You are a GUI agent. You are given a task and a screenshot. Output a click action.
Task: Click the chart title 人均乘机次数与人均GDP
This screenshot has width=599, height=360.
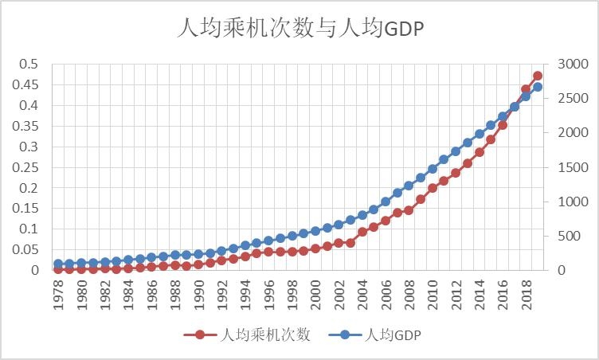[x=299, y=29]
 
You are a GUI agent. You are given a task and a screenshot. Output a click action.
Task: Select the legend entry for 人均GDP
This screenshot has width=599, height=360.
[x=391, y=335]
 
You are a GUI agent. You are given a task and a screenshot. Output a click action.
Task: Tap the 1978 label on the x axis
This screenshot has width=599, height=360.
[x=58, y=294]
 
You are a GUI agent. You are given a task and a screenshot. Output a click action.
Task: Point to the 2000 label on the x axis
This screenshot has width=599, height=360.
[x=315, y=294]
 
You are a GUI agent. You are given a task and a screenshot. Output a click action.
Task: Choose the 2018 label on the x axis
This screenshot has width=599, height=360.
[x=526, y=294]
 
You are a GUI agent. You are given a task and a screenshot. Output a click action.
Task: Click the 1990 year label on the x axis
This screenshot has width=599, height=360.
[x=198, y=294]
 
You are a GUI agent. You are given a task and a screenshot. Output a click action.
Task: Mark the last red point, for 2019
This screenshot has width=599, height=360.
[x=538, y=76]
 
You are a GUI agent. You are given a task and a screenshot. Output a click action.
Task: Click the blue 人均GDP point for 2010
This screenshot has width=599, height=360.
[x=433, y=169]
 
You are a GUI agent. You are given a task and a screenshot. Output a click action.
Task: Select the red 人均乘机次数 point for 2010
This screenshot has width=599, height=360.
[x=433, y=188]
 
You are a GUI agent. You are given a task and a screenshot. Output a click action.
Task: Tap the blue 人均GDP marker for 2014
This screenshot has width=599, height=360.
[x=480, y=134]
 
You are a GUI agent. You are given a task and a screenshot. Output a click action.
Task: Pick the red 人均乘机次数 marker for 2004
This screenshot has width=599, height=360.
[x=362, y=232]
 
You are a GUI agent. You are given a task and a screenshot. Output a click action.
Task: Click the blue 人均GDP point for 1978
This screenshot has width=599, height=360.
[x=58, y=264]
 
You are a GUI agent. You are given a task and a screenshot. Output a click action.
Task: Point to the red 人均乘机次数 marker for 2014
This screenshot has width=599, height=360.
[x=480, y=151]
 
